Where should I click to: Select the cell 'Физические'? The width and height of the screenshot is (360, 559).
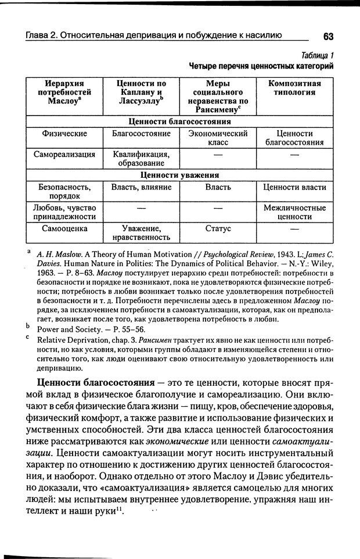64,134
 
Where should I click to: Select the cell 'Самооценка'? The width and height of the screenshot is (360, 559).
64,229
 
